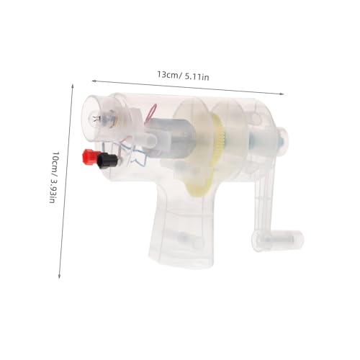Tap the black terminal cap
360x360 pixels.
(x=107, y=160)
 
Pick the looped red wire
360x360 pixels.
(x=150, y=113)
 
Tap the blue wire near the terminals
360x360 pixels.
(x=135, y=153)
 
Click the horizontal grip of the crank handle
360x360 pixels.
(x=278, y=240)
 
